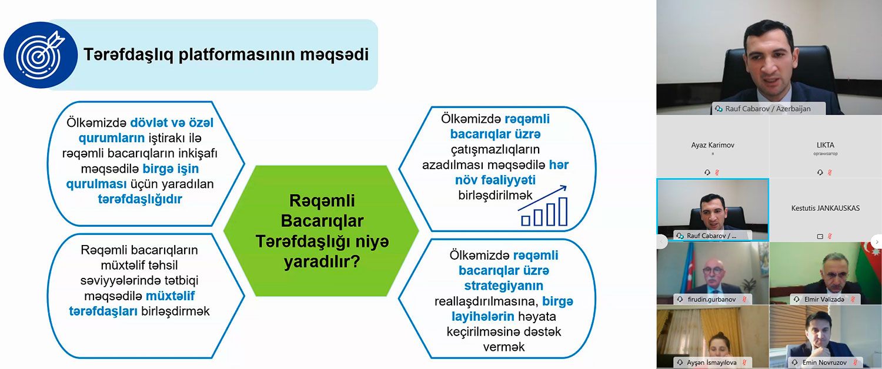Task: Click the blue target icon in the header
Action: pyautogui.click(x=41, y=55)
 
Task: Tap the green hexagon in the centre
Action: pyautogui.click(x=321, y=231)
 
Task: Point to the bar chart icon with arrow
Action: pyautogui.click(x=543, y=206)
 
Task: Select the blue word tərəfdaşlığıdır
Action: pyautogui.click(x=140, y=199)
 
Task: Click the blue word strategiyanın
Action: pyautogui.click(x=503, y=286)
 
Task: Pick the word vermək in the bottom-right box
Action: pyautogui.click(x=503, y=347)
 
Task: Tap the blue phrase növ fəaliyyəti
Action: pyautogui.click(x=495, y=180)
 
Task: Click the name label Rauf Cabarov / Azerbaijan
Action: pyautogui.click(x=768, y=109)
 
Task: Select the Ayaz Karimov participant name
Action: pyautogui.click(x=713, y=145)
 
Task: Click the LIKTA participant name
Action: pyautogui.click(x=826, y=145)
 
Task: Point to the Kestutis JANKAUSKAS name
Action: pyautogui.click(x=826, y=208)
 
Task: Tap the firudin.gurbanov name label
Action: pyautogui.click(x=711, y=299)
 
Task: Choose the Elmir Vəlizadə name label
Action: pyautogui.click(x=824, y=299)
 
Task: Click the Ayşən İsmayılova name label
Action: pyautogui.click(x=711, y=363)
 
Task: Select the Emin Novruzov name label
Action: pyautogui.click(x=824, y=363)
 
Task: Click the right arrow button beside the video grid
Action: pyautogui.click(x=877, y=241)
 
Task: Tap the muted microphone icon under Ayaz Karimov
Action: pyautogui.click(x=717, y=172)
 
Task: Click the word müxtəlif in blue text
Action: pyautogui.click(x=170, y=296)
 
